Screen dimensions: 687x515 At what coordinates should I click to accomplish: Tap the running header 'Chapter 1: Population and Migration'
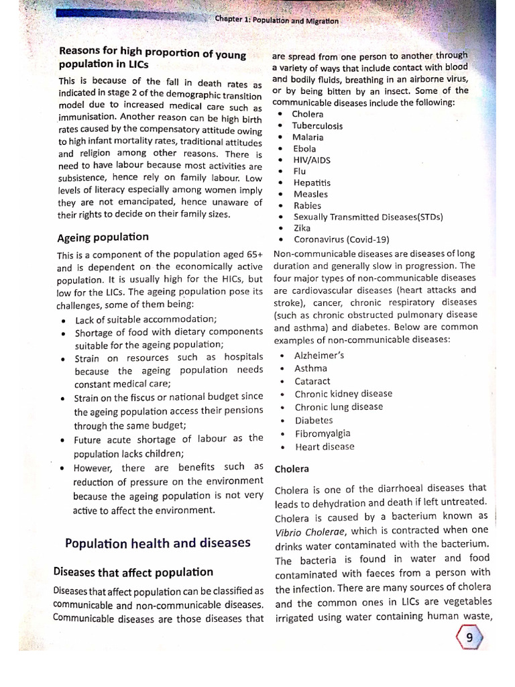pyautogui.click(x=277, y=21)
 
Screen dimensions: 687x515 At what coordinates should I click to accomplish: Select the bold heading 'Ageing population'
pyautogui.click(x=103, y=237)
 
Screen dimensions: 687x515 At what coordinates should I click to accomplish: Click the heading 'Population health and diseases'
pyautogui.click(x=157, y=542)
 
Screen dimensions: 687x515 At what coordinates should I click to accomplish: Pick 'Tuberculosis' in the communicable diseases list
pyautogui.click(x=317, y=125)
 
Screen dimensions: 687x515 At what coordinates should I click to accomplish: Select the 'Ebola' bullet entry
pyautogui.click(x=304, y=148)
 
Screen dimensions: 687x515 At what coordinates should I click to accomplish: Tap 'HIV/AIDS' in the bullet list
pyautogui.click(x=312, y=160)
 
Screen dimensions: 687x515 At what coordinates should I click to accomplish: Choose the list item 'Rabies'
pyautogui.click(x=307, y=205)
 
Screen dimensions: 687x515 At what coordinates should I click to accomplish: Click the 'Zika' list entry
pyautogui.click(x=302, y=228)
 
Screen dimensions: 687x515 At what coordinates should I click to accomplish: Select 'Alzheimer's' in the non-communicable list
pyautogui.click(x=319, y=356)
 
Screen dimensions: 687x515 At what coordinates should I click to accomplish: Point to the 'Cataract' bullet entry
pyautogui.click(x=312, y=381)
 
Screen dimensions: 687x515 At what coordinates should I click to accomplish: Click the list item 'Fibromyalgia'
pyautogui.click(x=323, y=433)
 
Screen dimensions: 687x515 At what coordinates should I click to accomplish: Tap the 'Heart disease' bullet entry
pyautogui.click(x=325, y=446)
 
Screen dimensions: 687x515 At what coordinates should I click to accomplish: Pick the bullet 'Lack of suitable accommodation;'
pyautogui.click(x=146, y=319)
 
